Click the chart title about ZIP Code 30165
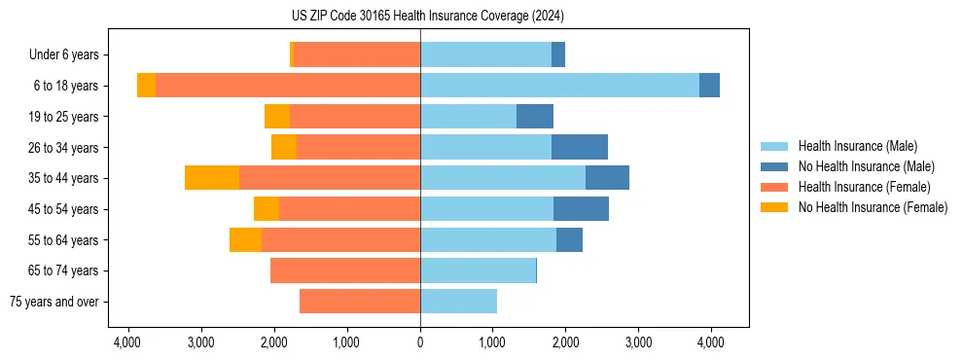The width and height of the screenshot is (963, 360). tap(427, 17)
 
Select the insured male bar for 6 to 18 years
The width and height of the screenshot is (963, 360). tap(559, 86)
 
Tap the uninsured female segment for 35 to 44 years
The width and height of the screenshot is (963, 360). tap(212, 178)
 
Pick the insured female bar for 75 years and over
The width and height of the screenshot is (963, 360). tap(360, 302)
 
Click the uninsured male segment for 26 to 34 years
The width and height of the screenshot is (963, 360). tap(580, 147)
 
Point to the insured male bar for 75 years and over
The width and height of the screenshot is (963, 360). tap(458, 302)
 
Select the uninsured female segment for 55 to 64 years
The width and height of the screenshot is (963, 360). tap(245, 239)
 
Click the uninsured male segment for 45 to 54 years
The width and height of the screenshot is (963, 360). tap(581, 209)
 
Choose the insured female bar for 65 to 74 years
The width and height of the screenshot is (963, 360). tap(345, 270)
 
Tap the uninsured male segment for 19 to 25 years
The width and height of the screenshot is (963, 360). tap(535, 117)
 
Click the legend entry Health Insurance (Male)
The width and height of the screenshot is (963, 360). tap(857, 146)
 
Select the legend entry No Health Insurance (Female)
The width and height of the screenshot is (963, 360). tap(873, 207)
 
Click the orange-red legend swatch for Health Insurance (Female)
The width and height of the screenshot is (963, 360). tap(774, 187)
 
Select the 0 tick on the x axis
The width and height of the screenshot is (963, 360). tap(420, 342)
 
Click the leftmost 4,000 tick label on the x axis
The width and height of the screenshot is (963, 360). tap(128, 342)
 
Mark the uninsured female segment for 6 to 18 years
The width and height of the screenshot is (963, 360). tap(146, 86)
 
